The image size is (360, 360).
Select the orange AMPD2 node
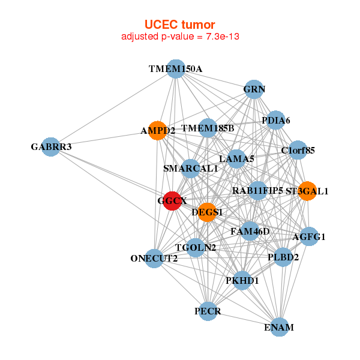158,130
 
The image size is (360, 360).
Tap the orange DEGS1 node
206,212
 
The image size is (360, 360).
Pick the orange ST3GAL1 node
307,191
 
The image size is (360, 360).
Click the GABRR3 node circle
51,147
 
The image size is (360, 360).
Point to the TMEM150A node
175,69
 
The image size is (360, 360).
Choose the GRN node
254,89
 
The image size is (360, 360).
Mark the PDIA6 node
275,120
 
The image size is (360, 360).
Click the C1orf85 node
298,150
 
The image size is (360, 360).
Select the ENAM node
279,327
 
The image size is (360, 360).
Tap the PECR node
208,311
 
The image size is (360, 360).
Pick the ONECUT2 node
154,259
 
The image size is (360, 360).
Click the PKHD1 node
242,280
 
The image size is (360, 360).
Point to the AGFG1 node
308,236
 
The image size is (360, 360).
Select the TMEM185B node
208,128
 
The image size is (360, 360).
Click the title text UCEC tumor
179,25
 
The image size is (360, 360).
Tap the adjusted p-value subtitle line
180,37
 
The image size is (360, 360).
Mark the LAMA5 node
236,159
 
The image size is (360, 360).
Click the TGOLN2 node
196,247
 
